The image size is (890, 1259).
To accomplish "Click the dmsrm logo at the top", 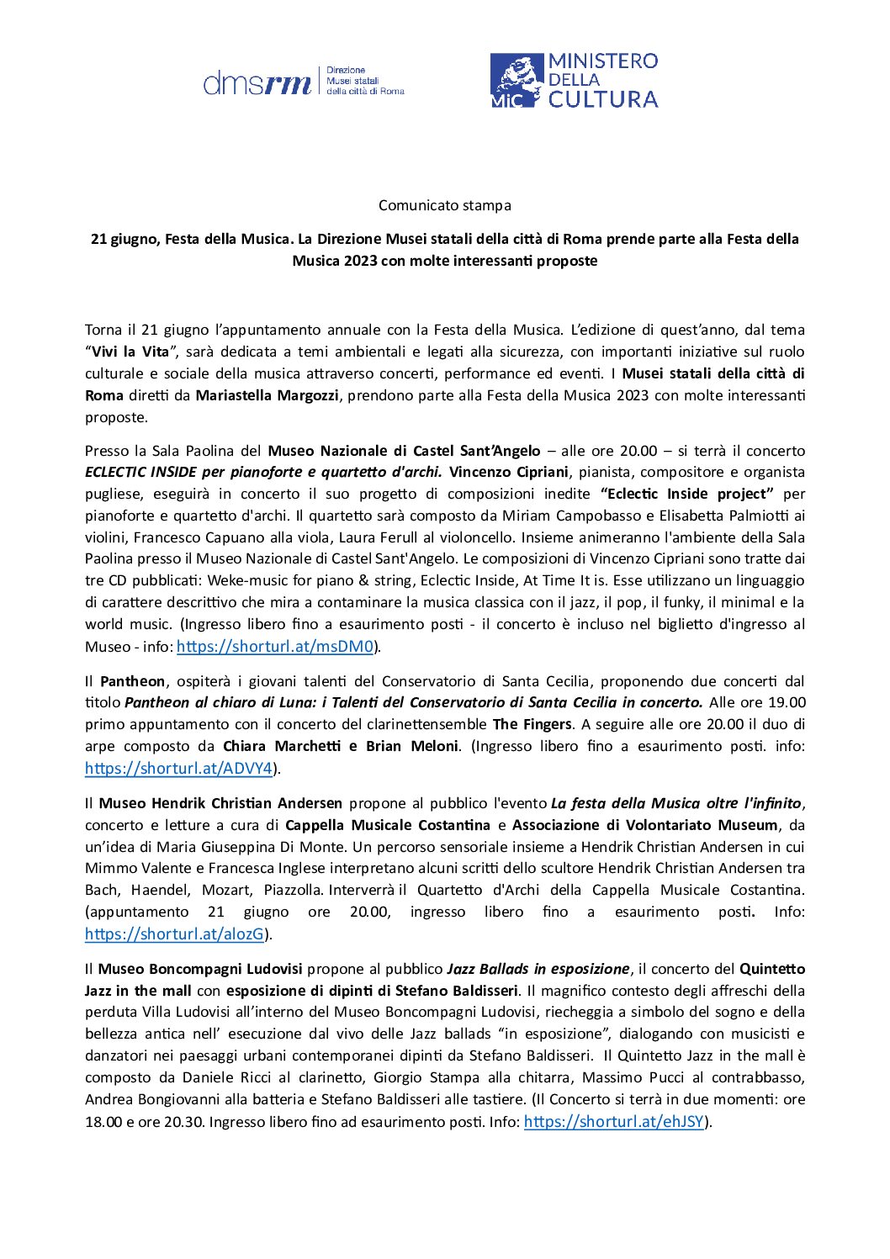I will (x=303, y=82).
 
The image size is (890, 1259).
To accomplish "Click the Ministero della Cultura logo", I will (x=574, y=81).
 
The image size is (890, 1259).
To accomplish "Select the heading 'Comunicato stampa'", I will (x=444, y=205).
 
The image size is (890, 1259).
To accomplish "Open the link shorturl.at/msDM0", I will (x=275, y=647).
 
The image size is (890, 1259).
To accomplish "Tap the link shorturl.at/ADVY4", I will (x=178, y=769).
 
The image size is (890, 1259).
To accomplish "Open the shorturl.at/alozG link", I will (x=174, y=934).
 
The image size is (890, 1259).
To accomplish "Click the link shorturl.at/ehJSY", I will (x=613, y=1122).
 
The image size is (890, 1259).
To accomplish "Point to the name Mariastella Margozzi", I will (x=267, y=395).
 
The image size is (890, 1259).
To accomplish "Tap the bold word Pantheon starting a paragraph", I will (x=132, y=681).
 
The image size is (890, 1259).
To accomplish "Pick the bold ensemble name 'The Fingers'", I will (x=532, y=724).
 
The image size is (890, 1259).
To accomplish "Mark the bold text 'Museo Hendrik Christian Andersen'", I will (x=220, y=803).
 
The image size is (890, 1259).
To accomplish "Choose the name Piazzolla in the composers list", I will (x=293, y=890).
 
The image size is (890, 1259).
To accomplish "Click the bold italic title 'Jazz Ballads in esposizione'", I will (x=538, y=969).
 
